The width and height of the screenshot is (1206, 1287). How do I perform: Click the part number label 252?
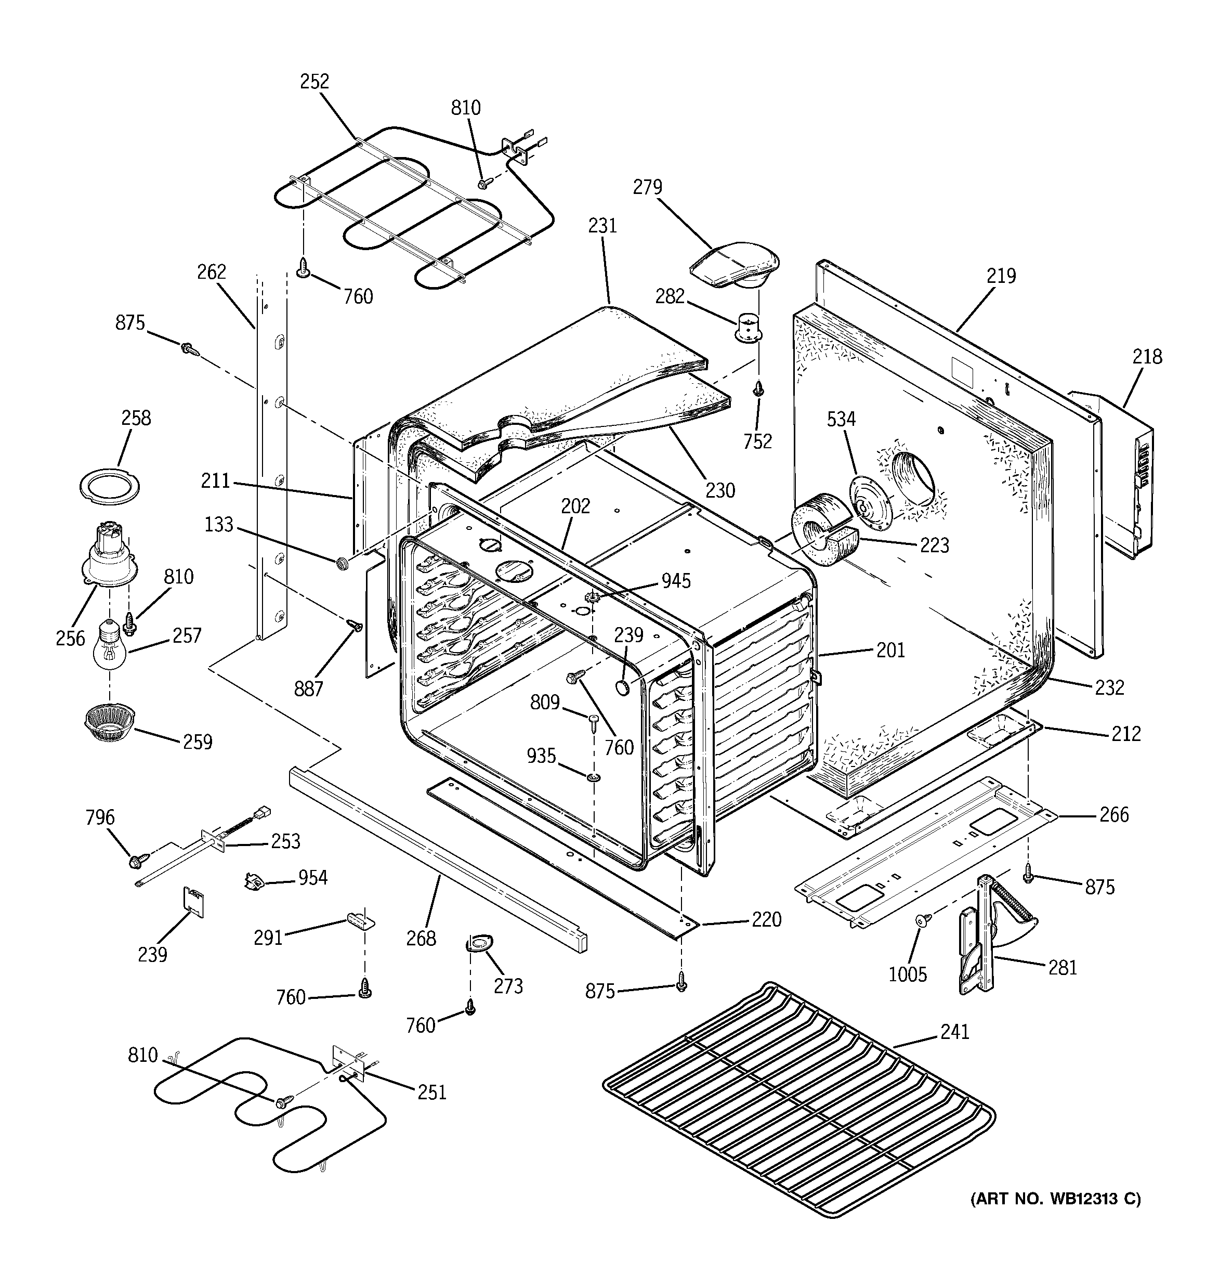tap(314, 82)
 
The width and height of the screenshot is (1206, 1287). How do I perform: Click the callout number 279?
tap(647, 188)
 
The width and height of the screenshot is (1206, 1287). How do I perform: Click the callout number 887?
tap(308, 688)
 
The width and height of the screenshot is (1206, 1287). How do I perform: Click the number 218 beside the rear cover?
tap(1147, 357)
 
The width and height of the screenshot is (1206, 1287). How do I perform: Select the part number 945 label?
tap(676, 581)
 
